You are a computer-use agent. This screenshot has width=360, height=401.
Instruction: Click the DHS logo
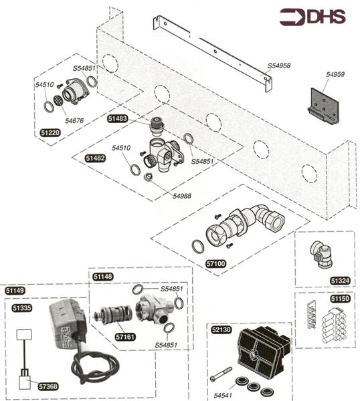pos(312,17)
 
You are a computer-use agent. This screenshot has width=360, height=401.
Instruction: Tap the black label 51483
pos(117,118)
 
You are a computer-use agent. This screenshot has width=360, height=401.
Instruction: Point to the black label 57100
pos(216,264)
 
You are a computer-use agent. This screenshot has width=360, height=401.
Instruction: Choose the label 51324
pos(339,281)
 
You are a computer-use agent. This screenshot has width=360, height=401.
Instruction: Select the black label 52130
pos(221,329)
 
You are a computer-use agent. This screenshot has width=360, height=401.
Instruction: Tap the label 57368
pos(47,386)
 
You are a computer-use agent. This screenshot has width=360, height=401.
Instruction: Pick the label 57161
pos(124,338)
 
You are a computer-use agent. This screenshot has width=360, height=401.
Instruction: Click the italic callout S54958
pos(279,65)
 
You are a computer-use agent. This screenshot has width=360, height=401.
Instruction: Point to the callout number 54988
pos(182,196)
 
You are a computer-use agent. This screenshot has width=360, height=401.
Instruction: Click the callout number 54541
pos(225,395)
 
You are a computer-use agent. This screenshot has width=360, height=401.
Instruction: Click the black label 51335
pos(22,307)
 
